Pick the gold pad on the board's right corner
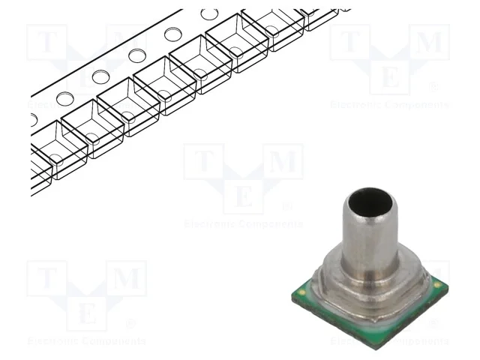(437, 286)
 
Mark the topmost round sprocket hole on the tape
(209, 14)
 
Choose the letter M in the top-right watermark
(428, 44)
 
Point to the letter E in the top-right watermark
(389, 78)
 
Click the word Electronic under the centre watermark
(209, 223)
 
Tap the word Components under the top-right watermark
(417, 105)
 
